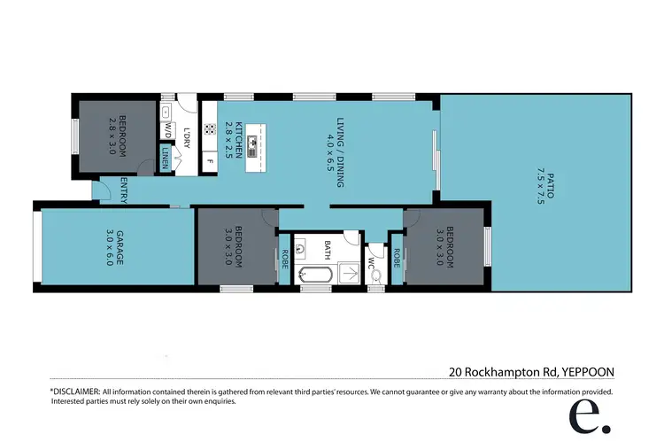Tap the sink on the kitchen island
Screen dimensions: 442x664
click(252, 140)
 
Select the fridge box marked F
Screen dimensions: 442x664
click(210, 160)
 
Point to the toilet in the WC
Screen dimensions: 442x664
click(376, 275)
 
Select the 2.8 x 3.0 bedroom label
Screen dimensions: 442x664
click(118, 136)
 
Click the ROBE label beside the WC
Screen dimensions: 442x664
click(397, 258)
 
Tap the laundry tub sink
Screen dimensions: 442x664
click(166, 112)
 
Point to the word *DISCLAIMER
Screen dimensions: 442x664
click(74, 391)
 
